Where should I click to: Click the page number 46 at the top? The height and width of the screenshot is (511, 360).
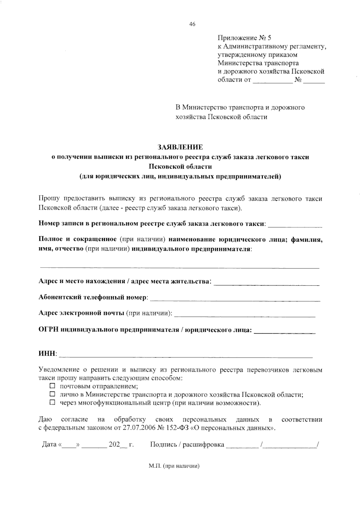coord(192,24)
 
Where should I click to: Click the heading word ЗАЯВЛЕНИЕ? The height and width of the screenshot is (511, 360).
coord(180,147)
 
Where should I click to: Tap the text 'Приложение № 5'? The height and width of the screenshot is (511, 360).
coord(244,38)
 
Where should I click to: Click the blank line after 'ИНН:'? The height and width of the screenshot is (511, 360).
coord(186,355)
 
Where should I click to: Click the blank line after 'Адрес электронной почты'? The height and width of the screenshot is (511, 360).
coord(244,314)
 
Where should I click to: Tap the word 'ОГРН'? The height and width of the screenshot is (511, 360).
coord(49,330)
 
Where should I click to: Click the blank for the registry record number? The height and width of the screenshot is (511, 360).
coord(295,225)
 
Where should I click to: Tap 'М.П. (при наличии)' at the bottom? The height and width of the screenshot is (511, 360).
coord(174,466)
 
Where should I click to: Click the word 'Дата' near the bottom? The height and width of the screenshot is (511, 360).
coord(49,444)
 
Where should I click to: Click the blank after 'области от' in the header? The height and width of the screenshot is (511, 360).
coord(272,80)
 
